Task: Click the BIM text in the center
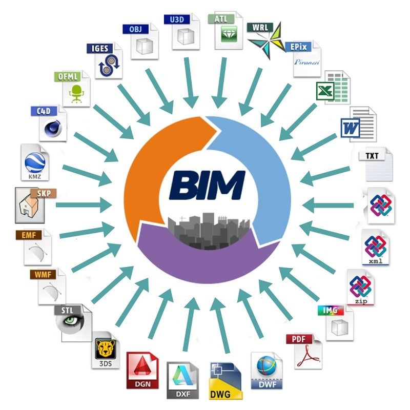[208, 185]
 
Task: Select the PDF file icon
[304, 351]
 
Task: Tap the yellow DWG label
[220, 394]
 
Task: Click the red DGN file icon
[142, 370]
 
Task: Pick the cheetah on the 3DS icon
[106, 349]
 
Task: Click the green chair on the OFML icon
[76, 93]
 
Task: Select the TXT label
[372, 156]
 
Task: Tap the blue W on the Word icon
[351, 128]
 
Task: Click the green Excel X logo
[325, 91]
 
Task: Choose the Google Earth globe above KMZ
[35, 162]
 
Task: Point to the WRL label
[260, 27]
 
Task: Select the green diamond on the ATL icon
[229, 34]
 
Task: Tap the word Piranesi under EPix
[306, 62]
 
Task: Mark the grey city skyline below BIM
[209, 230]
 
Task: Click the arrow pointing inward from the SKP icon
[84, 205]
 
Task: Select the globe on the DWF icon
[266, 366]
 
